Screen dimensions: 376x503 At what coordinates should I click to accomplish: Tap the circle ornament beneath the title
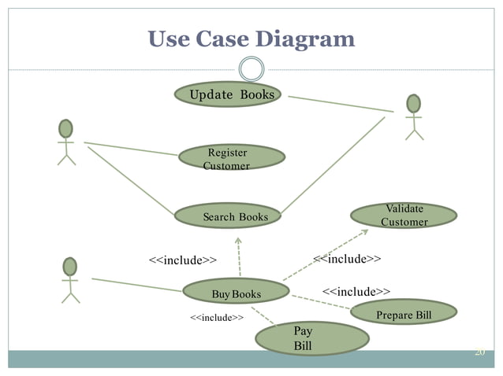(251, 69)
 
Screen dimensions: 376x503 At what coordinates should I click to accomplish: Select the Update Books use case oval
(226, 95)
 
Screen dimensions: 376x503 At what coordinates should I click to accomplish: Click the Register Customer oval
(231, 157)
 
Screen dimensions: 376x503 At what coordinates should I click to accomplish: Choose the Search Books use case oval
(228, 216)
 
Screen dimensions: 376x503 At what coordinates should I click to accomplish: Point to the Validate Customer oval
(404, 216)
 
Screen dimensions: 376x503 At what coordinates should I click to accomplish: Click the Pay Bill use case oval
(312, 338)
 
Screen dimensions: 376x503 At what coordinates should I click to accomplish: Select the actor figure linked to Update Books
(413, 116)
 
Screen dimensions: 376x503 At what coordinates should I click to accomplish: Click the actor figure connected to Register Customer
(65, 141)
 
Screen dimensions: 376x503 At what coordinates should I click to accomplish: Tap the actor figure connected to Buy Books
(70, 279)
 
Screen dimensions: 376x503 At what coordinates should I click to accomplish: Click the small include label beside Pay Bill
(216, 318)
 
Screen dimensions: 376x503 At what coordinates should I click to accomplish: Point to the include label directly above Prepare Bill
(356, 292)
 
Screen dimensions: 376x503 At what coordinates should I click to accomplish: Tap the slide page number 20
(479, 352)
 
